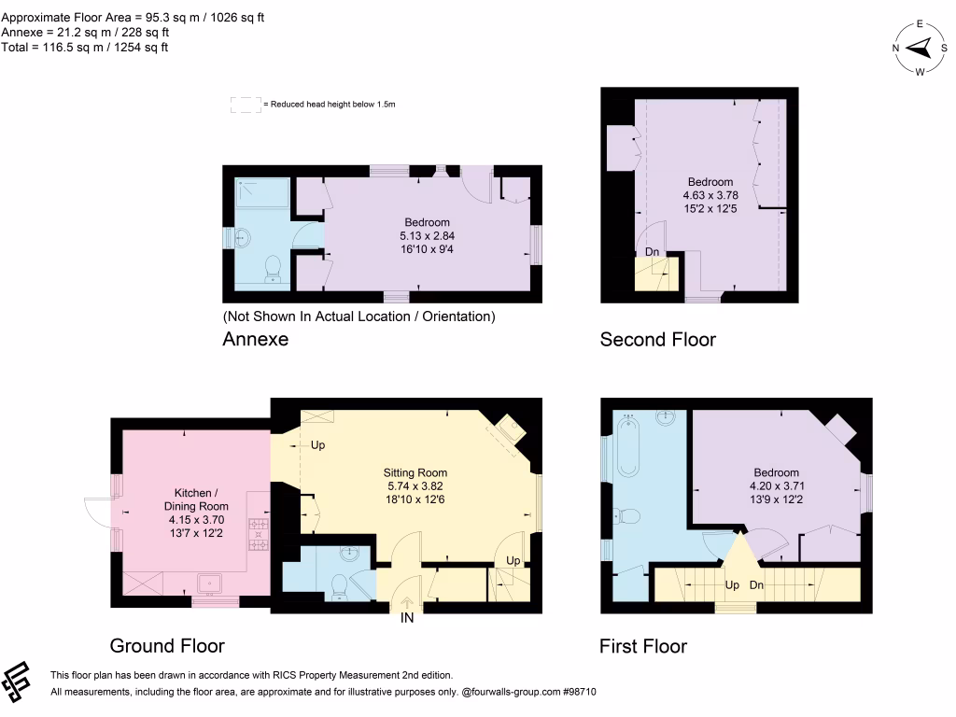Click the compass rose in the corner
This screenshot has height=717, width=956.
pyautogui.click(x=920, y=48)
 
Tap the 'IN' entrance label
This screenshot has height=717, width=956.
pyautogui.click(x=408, y=619)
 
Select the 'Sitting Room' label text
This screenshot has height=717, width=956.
pyautogui.click(x=415, y=472)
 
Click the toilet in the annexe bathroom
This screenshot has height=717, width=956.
pyautogui.click(x=274, y=267)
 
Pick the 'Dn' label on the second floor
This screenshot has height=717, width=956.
pyautogui.click(x=653, y=252)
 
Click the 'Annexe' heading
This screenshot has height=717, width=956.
pyautogui.click(x=255, y=340)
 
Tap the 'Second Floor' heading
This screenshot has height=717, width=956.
pyautogui.click(x=657, y=340)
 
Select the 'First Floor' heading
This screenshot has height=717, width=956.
pyautogui.click(x=643, y=646)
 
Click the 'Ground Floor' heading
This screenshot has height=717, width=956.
pyautogui.click(x=167, y=646)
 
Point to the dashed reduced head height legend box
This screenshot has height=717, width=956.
pyautogui.click(x=246, y=105)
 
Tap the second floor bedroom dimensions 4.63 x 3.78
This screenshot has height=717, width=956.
pyautogui.click(x=710, y=197)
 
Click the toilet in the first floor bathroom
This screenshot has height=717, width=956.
pyautogui.click(x=629, y=516)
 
